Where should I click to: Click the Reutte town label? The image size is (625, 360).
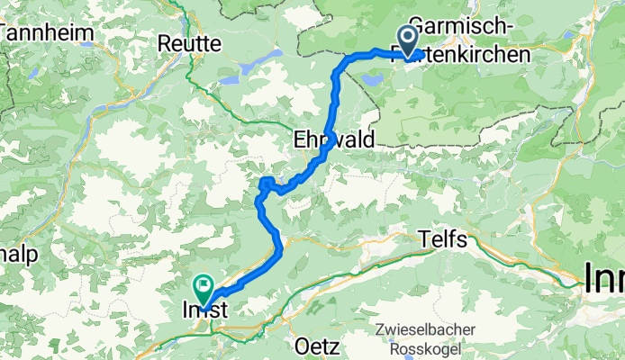189,42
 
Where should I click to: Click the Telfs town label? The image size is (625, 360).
443,238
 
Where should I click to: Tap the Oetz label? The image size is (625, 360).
314,346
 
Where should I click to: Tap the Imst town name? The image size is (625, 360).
200,310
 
